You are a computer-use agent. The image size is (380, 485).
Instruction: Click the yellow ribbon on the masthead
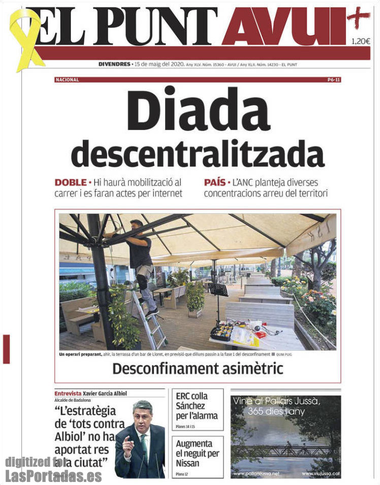tap(25, 38)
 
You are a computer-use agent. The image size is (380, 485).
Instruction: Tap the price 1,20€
tap(360, 42)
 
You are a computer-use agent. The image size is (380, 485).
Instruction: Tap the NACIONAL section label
tap(67, 80)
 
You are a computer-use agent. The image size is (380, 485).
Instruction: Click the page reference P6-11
tap(334, 80)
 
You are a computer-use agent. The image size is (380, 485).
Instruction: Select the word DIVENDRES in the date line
tap(114, 64)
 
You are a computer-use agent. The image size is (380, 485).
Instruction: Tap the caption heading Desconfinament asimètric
tap(198, 369)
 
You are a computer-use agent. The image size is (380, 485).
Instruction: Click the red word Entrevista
tap(68, 394)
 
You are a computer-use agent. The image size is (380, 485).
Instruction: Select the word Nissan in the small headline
tap(188, 463)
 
